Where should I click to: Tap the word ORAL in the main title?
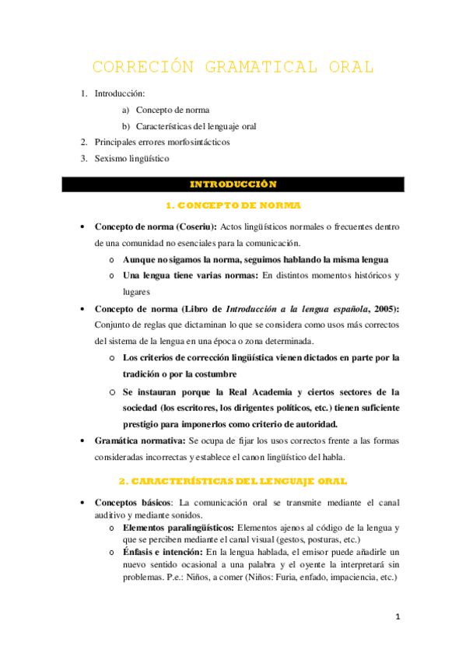point(348,67)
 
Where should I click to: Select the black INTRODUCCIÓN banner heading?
point(233,184)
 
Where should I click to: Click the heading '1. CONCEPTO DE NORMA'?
point(233,205)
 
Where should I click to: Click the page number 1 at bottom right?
point(398,617)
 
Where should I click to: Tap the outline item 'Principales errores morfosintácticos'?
point(162,142)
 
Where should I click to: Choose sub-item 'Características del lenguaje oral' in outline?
point(196,126)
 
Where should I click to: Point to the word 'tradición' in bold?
point(143,374)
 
